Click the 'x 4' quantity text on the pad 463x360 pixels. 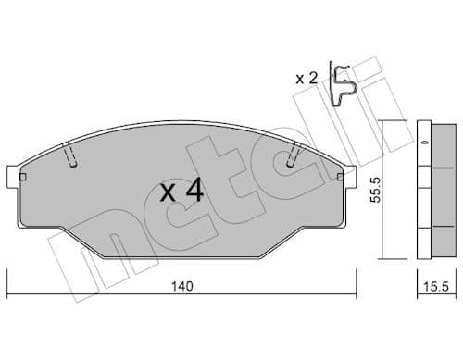(x=181, y=192)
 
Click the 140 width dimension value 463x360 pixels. (x=181, y=287)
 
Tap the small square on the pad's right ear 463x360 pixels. (x=340, y=174)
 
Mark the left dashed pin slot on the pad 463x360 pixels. (x=72, y=156)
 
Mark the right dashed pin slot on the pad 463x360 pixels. (x=294, y=156)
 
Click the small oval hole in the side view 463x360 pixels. (x=425, y=143)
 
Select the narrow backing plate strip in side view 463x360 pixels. (x=421, y=191)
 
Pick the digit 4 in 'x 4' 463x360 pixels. (x=194, y=192)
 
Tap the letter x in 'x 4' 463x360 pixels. (x=168, y=193)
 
